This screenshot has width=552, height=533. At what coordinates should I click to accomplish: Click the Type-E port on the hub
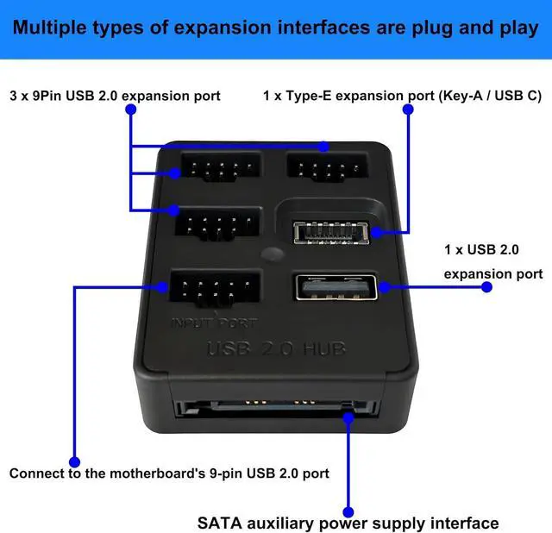pos(332,233)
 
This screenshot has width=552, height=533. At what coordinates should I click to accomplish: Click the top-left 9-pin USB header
pos(219,167)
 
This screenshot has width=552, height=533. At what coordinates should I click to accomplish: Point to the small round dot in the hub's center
pos(272,255)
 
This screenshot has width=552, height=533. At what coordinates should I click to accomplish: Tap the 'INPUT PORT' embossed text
pos(212,323)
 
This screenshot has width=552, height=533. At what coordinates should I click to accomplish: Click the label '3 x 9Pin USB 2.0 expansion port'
pos(115,95)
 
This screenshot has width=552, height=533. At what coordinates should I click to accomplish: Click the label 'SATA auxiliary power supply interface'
pos(348,523)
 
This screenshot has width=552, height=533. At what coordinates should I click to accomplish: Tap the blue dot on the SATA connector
pos(349,419)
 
